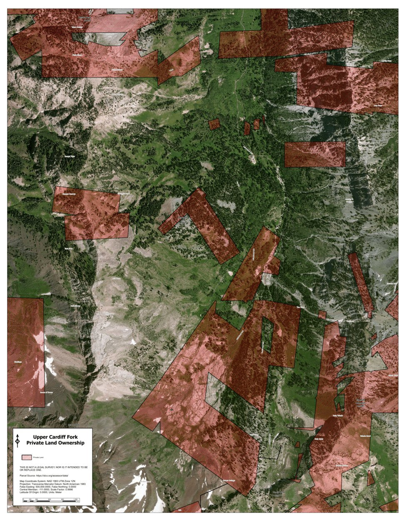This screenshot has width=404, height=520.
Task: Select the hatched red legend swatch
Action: click(x=27, y=457)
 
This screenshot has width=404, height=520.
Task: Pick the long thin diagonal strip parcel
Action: click(x=361, y=283)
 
